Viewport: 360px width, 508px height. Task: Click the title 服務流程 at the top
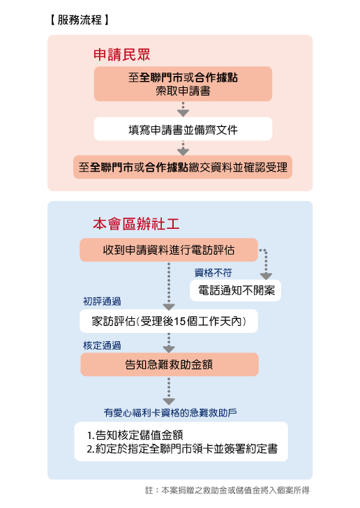(x=80, y=20)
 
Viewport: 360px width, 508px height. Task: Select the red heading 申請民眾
(x=121, y=54)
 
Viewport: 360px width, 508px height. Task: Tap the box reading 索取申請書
(x=183, y=84)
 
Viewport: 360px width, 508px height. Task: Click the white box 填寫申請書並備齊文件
(x=183, y=129)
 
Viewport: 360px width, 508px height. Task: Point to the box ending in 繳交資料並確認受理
(x=183, y=167)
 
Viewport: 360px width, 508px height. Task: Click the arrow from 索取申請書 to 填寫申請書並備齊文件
(x=183, y=109)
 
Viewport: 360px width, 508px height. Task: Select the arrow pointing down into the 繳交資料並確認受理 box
(x=183, y=148)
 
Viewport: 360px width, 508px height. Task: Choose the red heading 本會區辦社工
(x=136, y=224)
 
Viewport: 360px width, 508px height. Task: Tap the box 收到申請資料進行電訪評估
(x=169, y=250)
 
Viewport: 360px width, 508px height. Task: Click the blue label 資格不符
(x=213, y=273)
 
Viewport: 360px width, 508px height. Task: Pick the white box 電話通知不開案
(x=235, y=290)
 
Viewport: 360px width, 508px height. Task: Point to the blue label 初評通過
(x=102, y=301)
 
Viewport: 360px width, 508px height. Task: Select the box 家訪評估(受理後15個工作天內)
(x=169, y=321)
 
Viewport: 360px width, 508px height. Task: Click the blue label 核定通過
(x=102, y=345)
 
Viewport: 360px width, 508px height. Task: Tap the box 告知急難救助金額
(x=170, y=364)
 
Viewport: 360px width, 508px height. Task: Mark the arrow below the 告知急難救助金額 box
(x=169, y=391)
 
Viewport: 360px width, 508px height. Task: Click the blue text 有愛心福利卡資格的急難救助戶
(x=170, y=412)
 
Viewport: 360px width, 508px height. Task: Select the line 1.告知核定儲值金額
(x=135, y=435)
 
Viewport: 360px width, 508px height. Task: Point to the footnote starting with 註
(x=227, y=490)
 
